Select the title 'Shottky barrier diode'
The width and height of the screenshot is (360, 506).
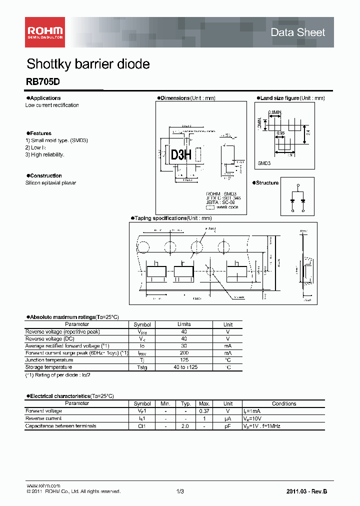point(88,64)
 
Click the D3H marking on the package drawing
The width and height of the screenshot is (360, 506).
point(181,155)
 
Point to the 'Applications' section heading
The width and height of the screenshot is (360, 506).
point(44,98)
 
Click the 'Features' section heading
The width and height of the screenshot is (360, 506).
point(39,133)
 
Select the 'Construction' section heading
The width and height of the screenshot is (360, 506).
point(45,175)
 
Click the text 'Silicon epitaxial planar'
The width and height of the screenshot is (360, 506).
point(51,183)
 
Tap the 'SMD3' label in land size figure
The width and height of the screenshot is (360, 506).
point(264,163)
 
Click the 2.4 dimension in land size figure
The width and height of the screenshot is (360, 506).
point(308,132)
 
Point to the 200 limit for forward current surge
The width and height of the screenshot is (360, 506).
point(184,353)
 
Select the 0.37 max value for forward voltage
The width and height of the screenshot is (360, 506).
point(204,411)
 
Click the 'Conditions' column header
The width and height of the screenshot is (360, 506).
point(284,403)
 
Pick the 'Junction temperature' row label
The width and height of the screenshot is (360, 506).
point(49,360)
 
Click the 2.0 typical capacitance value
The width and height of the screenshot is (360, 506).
point(185,426)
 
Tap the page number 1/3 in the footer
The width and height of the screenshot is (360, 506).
point(180,491)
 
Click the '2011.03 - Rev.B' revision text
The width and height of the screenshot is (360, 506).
point(306,491)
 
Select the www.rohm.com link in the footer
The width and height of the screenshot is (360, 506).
point(43,485)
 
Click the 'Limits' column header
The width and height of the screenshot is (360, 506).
point(184,324)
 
